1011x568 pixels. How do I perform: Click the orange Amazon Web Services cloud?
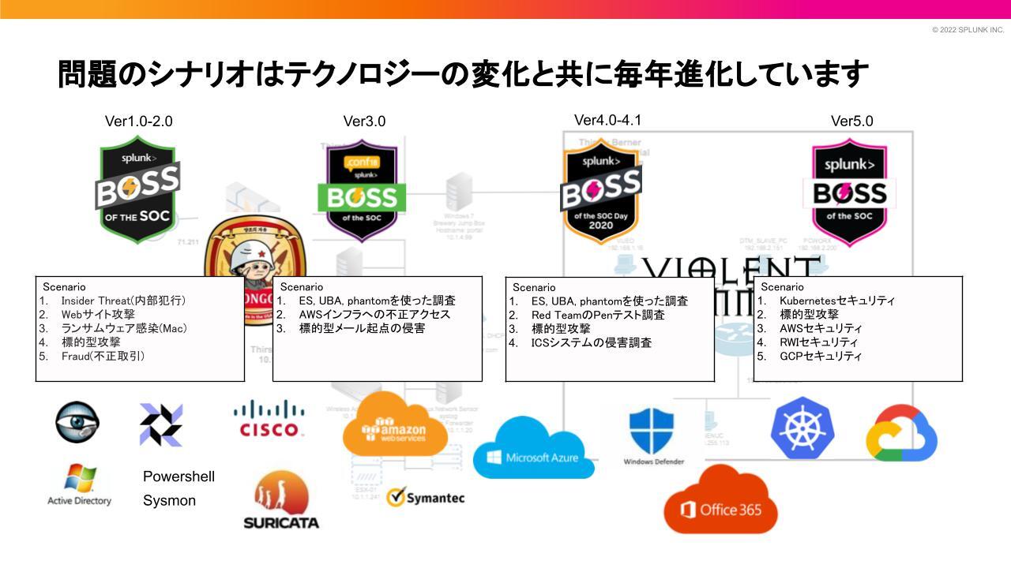click(x=396, y=427)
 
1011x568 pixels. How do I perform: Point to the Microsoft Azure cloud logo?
click(x=533, y=449)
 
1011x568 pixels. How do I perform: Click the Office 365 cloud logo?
click(x=720, y=502)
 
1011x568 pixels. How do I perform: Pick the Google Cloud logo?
click(x=901, y=433)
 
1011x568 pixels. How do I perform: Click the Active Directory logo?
click(x=80, y=484)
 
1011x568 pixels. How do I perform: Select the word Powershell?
click(x=179, y=476)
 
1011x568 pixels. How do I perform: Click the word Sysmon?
click(x=169, y=500)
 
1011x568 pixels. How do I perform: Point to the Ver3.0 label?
click(x=364, y=121)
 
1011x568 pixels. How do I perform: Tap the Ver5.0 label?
click(x=851, y=121)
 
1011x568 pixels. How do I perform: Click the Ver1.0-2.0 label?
click(x=138, y=121)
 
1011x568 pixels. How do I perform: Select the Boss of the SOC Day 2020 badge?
click(x=601, y=192)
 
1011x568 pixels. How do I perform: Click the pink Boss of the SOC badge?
click(x=850, y=192)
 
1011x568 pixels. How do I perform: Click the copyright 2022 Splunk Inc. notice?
click(x=968, y=30)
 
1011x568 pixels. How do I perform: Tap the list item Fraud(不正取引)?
click(x=103, y=356)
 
